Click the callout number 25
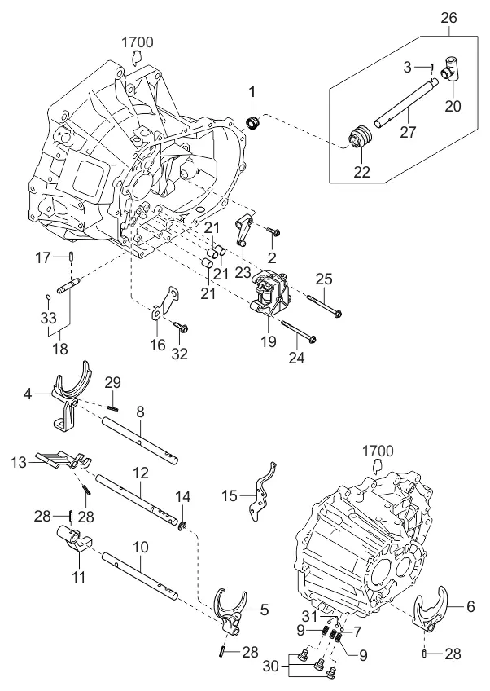pos(323,279)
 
